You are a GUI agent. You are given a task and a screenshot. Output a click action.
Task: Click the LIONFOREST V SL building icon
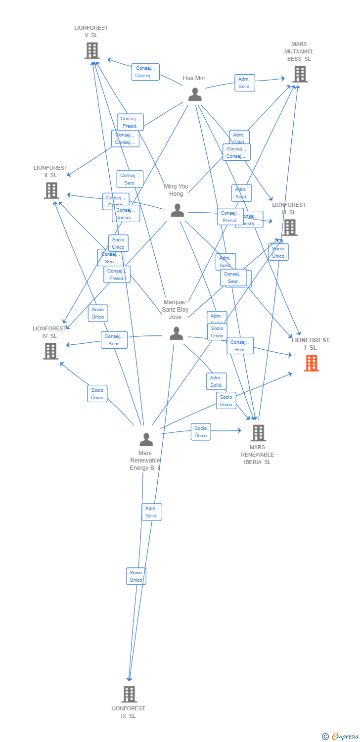[92, 50]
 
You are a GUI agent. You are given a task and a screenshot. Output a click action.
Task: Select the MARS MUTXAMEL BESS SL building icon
[300, 74]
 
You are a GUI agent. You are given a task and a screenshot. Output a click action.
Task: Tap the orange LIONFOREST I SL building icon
[311, 363]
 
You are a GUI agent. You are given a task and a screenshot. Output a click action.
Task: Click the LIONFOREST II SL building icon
[51, 190]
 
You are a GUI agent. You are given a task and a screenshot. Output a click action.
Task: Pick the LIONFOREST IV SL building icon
[50, 351]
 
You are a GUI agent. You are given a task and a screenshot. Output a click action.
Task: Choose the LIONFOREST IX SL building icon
[129, 694]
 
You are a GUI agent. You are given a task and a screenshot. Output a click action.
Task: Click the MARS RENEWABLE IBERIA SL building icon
[258, 433]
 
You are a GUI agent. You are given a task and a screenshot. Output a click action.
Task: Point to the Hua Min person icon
[195, 94]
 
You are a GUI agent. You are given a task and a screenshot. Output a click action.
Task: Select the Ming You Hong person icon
[177, 210]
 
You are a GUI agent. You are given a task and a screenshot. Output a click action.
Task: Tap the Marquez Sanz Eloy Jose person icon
[177, 333]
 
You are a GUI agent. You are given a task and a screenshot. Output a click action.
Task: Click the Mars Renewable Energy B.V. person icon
[146, 439]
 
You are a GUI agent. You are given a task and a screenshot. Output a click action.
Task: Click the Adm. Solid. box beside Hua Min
[244, 83]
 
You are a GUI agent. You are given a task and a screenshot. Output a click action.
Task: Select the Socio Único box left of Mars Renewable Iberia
[201, 432]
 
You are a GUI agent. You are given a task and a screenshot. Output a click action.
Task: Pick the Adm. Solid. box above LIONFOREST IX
[151, 512]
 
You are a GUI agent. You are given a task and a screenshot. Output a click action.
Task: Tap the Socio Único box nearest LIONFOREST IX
[136, 576]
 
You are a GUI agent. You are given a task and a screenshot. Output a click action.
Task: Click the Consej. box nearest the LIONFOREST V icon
[145, 72]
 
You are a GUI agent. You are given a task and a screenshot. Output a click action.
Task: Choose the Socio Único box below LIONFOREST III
[278, 252]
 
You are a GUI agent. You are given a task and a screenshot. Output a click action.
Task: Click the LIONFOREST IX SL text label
[128, 712]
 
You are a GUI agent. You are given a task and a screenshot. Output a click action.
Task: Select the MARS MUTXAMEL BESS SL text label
[299, 51]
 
